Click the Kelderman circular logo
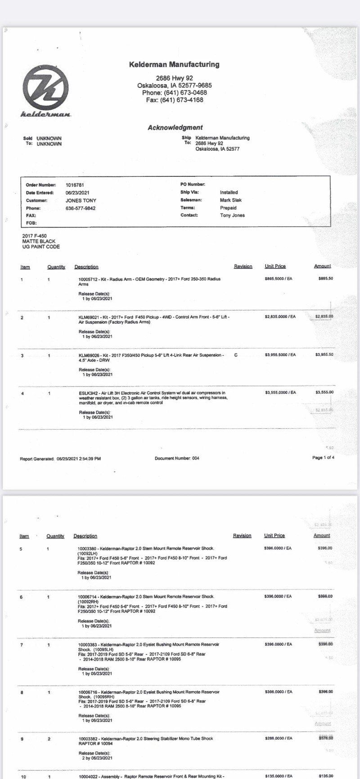pyautogui.click(x=45, y=87)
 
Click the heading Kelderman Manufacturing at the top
pyautogui.click(x=174, y=65)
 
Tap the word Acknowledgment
pyautogui.click(x=175, y=127)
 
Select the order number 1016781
pyautogui.click(x=75, y=185)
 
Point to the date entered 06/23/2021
pyautogui.click(x=77, y=193)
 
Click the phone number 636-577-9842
pyautogui.click(x=81, y=208)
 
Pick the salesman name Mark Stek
pyautogui.click(x=231, y=200)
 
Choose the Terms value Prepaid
pyautogui.click(x=228, y=208)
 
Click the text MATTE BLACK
pyautogui.click(x=39, y=241)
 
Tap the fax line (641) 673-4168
pyautogui.click(x=175, y=100)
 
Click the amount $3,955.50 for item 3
pyautogui.click(x=324, y=355)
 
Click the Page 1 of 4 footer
pyautogui.click(x=323, y=458)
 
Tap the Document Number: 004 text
pyautogui.click(x=177, y=459)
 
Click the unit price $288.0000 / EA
pyautogui.click(x=278, y=738)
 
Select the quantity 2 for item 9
pyautogui.click(x=49, y=739)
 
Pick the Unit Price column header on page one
pyautogui.click(x=275, y=266)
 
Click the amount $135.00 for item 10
pyautogui.click(x=325, y=776)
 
